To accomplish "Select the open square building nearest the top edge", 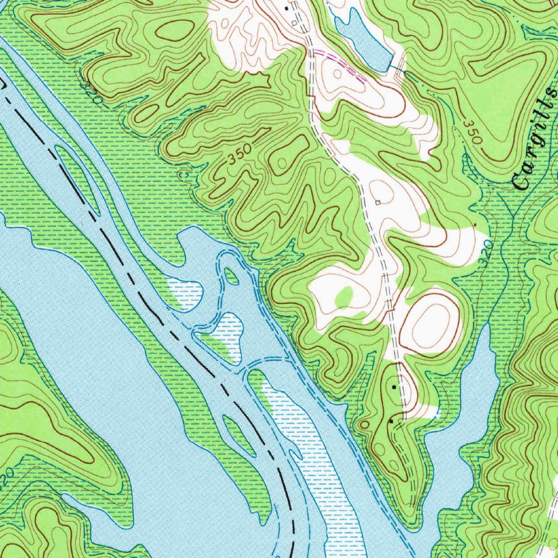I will click(294, 23).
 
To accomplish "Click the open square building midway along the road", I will click(378, 203).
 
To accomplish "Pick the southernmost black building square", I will click(391, 421).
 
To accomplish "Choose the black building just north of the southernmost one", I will click(395, 386).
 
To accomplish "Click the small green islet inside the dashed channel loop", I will click(232, 276).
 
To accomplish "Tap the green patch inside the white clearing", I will click(344, 297).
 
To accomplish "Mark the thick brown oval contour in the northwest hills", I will click(175, 29).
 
